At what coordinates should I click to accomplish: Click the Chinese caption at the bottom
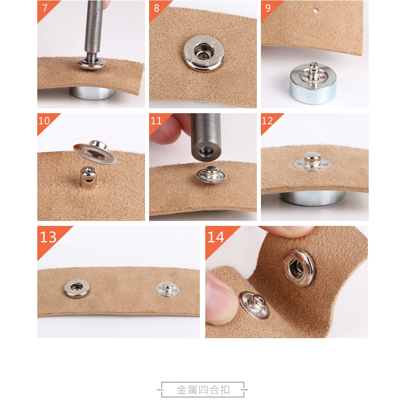tap(203, 390)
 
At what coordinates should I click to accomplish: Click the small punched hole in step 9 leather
tap(316, 11)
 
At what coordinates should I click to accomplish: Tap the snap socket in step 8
tap(204, 53)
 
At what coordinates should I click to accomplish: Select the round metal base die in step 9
tap(313, 84)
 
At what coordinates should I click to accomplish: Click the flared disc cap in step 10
tap(95, 153)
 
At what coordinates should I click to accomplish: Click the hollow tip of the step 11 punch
tap(206, 151)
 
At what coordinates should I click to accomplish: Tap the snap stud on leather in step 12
tap(312, 161)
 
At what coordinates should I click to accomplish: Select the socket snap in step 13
tap(77, 288)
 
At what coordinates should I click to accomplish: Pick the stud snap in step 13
tap(168, 289)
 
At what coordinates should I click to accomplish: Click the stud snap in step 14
tap(254, 305)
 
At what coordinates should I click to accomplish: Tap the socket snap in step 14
tap(299, 268)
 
